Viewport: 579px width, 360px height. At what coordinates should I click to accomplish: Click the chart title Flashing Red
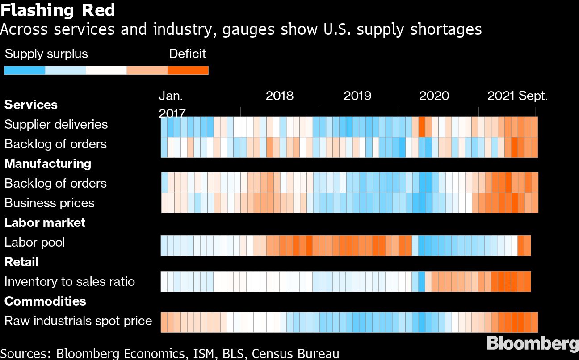click(x=58, y=10)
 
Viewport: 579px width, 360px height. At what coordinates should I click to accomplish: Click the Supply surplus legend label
click(x=46, y=54)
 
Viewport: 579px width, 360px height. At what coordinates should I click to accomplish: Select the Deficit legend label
click(x=188, y=54)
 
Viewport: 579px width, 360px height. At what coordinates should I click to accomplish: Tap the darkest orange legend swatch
click(x=188, y=70)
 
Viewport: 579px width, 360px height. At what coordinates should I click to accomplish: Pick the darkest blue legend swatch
click(x=25, y=70)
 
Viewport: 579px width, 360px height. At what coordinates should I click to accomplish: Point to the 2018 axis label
click(x=280, y=96)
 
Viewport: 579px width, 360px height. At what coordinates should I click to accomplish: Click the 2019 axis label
click(x=357, y=96)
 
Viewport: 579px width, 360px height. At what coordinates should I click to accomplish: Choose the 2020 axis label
click(x=434, y=96)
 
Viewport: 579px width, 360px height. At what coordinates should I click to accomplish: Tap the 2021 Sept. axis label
click(x=517, y=96)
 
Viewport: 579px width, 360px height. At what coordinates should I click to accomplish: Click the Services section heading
click(x=31, y=105)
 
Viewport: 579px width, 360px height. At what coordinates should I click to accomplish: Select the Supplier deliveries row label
click(x=56, y=124)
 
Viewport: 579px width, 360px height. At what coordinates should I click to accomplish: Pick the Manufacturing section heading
click(x=48, y=163)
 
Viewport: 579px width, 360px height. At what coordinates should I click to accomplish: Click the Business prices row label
click(x=50, y=203)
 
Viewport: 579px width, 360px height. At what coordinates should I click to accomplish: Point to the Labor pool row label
click(x=35, y=242)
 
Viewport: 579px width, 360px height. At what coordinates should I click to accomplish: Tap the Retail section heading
click(x=21, y=262)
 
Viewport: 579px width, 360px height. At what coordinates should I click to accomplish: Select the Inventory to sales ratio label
click(x=70, y=281)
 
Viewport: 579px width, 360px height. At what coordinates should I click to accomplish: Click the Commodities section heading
click(x=45, y=301)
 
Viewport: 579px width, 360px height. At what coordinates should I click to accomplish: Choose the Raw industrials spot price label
click(x=78, y=321)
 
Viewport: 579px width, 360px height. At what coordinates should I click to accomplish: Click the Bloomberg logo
click(x=532, y=344)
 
